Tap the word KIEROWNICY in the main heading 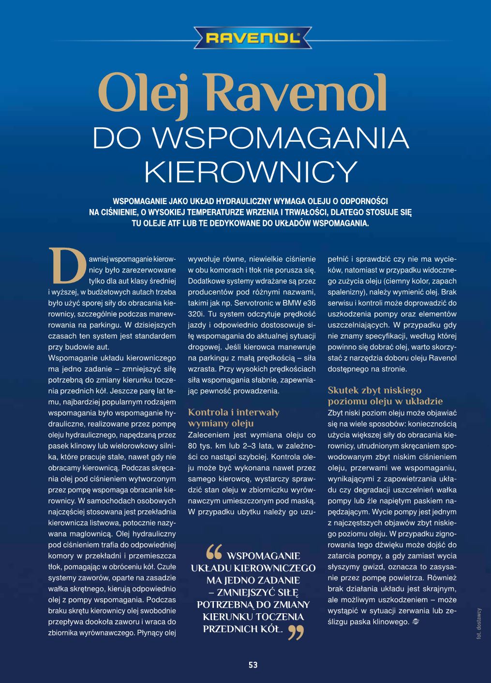coord(251,169)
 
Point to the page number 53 coord(253,665)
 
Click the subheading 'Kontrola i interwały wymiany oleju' coord(233,418)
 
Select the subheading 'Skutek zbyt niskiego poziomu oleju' coord(385,396)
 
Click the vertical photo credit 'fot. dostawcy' coord(479,624)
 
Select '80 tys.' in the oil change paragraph coord(200,445)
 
